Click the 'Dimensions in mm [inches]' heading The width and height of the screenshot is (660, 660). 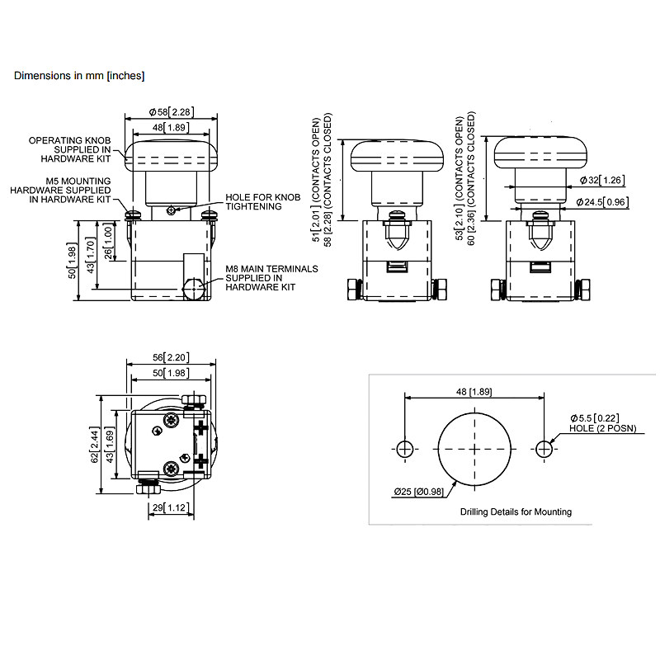click(x=79, y=76)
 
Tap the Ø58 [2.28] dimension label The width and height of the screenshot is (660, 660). click(x=172, y=112)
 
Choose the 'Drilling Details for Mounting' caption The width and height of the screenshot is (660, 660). click(x=516, y=511)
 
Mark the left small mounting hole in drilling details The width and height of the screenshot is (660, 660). click(x=404, y=449)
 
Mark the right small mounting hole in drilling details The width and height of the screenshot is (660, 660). click(x=544, y=449)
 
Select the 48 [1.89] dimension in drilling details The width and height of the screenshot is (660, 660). click(x=474, y=391)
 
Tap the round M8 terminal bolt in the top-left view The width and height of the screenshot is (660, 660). click(x=194, y=290)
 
